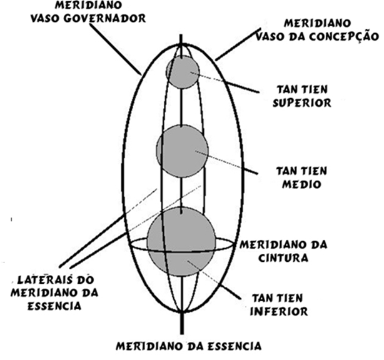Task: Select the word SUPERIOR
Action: click(x=301, y=103)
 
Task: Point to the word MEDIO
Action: click(x=301, y=184)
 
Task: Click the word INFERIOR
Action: click(x=279, y=311)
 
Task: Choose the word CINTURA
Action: click(x=283, y=258)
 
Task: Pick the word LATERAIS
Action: click(x=45, y=279)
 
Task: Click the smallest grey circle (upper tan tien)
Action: click(x=182, y=72)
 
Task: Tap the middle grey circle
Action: click(x=183, y=151)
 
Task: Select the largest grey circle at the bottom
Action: click(x=181, y=241)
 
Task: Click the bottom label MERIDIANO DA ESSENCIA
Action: click(x=188, y=346)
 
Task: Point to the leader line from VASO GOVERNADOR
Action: click(x=116, y=49)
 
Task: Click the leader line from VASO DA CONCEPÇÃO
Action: click(x=238, y=44)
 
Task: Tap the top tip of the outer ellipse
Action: click(x=181, y=44)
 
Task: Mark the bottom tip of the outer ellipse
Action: click(x=181, y=312)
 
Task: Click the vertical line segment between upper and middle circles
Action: click(x=181, y=107)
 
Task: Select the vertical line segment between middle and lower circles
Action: click(x=181, y=196)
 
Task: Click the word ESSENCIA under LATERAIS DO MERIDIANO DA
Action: click(x=54, y=306)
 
